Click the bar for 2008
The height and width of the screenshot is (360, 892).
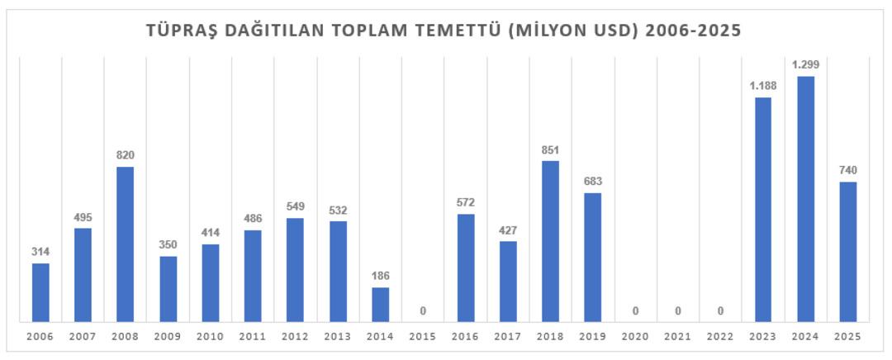pos(126,244)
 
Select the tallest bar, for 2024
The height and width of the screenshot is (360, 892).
pos(805,199)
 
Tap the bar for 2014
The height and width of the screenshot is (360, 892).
pos(380,305)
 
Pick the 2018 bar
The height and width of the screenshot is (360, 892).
pos(550,241)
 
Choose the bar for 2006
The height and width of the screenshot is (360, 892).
pos(40,292)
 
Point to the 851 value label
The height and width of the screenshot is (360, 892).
pos(550,149)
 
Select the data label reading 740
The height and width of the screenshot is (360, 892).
pos(847,170)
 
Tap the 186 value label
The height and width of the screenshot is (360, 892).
pos(380,276)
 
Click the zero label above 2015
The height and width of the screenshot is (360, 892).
pos(423,311)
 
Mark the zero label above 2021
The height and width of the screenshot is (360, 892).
pos(678,311)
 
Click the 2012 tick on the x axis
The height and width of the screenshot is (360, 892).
pos(295,337)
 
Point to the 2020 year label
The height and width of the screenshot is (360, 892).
pos(635,337)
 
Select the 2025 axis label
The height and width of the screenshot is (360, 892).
pos(847,337)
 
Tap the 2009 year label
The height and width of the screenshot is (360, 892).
pos(168,337)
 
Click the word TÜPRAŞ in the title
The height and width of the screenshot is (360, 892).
pos(179,31)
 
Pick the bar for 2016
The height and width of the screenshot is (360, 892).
pos(465,268)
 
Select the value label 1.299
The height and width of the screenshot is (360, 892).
pos(805,64)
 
